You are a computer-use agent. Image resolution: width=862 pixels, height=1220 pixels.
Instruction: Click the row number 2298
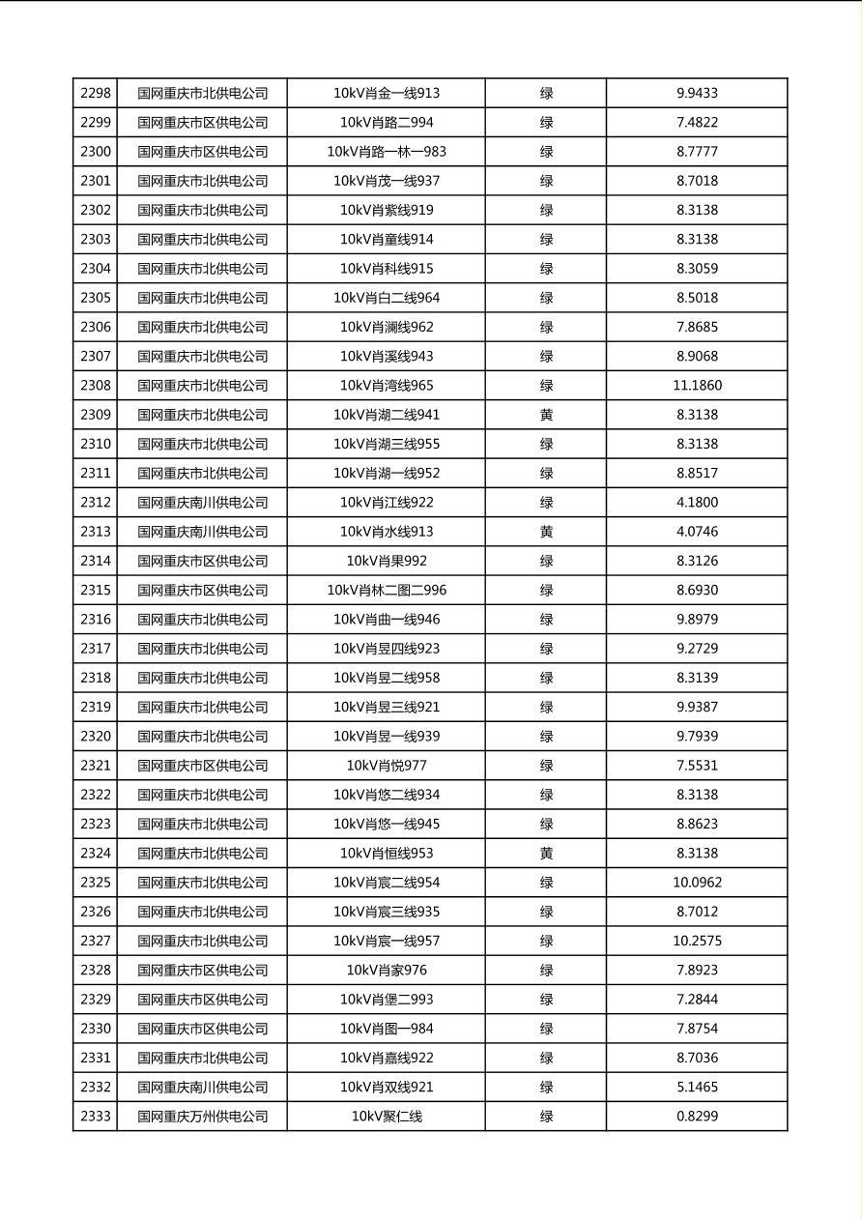tap(96, 94)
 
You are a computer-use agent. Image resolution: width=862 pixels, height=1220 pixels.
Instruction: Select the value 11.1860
tap(697, 386)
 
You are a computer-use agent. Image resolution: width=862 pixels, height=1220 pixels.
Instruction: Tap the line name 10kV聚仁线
tap(387, 1117)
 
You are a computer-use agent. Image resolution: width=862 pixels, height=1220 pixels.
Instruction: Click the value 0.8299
tap(697, 1117)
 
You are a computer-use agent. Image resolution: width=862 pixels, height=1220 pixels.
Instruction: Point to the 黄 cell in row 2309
tap(546, 415)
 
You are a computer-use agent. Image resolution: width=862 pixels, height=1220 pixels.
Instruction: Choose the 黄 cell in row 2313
tap(546, 532)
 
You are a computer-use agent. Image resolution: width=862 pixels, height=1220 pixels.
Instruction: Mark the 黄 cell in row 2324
tap(546, 854)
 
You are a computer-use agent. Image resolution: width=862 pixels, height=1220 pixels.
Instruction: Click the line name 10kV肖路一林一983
tap(387, 152)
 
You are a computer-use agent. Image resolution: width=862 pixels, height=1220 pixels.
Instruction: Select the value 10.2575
tap(697, 941)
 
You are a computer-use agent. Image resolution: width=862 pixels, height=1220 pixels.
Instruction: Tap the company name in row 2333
tap(202, 1117)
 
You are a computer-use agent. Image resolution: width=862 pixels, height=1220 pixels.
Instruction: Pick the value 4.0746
tap(697, 532)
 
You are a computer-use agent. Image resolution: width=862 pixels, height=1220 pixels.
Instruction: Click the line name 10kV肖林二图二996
tap(387, 591)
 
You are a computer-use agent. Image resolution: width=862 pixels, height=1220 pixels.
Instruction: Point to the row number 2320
tap(96, 737)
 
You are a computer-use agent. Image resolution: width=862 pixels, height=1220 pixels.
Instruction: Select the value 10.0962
tap(697, 883)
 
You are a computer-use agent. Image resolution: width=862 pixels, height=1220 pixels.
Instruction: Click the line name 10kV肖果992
tap(387, 561)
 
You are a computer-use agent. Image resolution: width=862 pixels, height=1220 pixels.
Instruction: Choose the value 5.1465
tap(697, 1088)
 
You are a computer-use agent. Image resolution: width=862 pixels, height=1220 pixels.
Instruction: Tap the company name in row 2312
tap(202, 503)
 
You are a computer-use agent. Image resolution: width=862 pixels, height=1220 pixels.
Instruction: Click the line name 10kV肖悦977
tap(387, 766)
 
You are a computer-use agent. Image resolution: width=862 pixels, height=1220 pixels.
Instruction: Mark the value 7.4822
tap(697, 123)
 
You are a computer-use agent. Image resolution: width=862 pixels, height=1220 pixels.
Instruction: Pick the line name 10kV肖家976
tap(387, 971)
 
